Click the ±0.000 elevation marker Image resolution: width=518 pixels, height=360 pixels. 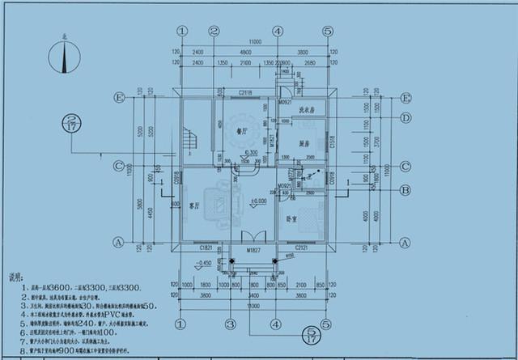pyautogui.click(x=258, y=200)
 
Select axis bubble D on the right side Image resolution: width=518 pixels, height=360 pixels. pyautogui.click(x=404, y=118)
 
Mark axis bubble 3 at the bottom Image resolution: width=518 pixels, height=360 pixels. pyautogui.click(x=230, y=324)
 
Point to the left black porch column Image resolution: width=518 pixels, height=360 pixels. pyautogui.click(x=232, y=260)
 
